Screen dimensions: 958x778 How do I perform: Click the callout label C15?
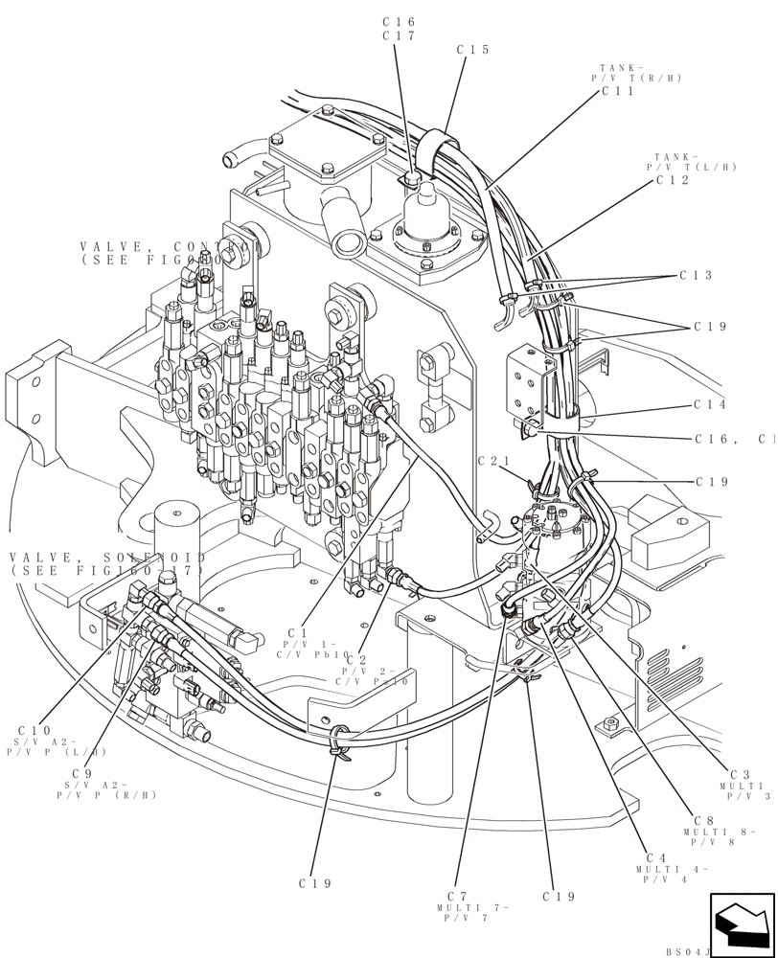click(x=473, y=50)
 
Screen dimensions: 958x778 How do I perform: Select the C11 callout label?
click(x=618, y=91)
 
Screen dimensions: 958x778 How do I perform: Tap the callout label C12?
click(x=673, y=180)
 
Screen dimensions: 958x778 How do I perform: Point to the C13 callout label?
click(x=696, y=276)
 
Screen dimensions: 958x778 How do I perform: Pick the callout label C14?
click(x=710, y=405)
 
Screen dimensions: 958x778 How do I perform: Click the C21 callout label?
click(x=493, y=462)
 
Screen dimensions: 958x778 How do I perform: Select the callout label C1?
click(x=297, y=632)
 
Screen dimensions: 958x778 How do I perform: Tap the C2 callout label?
click(x=356, y=659)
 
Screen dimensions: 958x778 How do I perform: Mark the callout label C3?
click(x=739, y=774)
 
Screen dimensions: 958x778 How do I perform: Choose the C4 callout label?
click(x=656, y=858)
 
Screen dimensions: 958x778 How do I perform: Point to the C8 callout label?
click(x=704, y=820)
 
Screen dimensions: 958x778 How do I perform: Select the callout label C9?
click(x=81, y=773)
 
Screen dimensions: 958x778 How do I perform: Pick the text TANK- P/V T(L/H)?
click(x=696, y=162)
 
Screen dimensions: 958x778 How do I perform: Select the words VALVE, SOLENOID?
click(x=107, y=558)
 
